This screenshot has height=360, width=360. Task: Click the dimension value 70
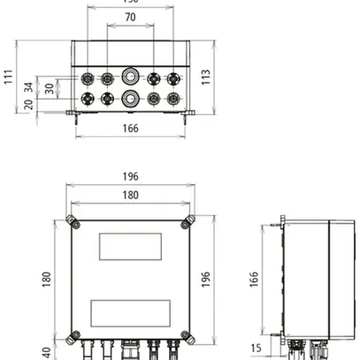pos(129,18)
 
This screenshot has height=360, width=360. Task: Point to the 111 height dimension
pos(9,78)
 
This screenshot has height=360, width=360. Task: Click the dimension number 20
pos(30,105)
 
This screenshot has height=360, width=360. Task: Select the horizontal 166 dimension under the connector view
pos(130,129)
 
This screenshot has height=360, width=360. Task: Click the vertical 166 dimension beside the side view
pos(253,278)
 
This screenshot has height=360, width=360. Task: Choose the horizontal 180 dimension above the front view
pos(129,195)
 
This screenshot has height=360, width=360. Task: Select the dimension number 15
pos(256,348)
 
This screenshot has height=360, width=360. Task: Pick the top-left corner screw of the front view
pos(71,220)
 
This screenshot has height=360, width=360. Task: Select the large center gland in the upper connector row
pos(130,78)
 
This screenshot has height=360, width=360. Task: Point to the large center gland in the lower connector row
pos(130,97)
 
